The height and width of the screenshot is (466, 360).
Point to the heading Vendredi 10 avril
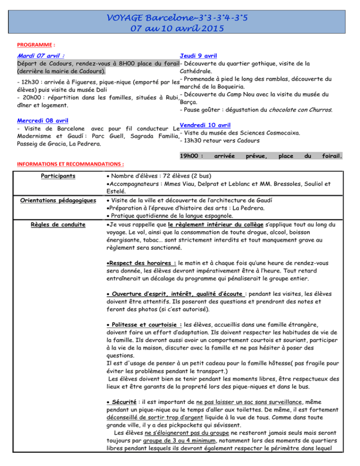pyautogui.click(x=204, y=125)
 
